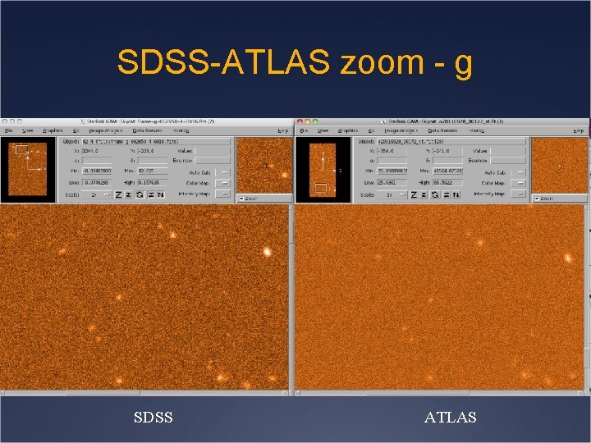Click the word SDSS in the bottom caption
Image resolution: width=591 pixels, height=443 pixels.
pyautogui.click(x=153, y=418)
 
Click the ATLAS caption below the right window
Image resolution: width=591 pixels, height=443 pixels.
pyautogui.click(x=450, y=418)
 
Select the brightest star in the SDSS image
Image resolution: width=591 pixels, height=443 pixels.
pyautogui.click(x=267, y=251)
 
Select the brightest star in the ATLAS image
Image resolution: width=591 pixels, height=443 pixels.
pyautogui.click(x=567, y=258)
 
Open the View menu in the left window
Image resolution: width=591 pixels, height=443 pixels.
pyautogui.click(x=28, y=130)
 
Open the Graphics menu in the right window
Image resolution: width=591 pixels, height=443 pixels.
pyautogui.click(x=347, y=130)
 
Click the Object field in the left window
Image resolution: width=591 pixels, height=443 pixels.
pyautogui.click(x=156, y=140)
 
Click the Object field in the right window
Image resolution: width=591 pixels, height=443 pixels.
pyautogui.click(x=450, y=140)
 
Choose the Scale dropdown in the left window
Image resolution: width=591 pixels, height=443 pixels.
pyautogui.click(x=96, y=194)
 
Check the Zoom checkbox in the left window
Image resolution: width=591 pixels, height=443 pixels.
pyautogui.click(x=241, y=199)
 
